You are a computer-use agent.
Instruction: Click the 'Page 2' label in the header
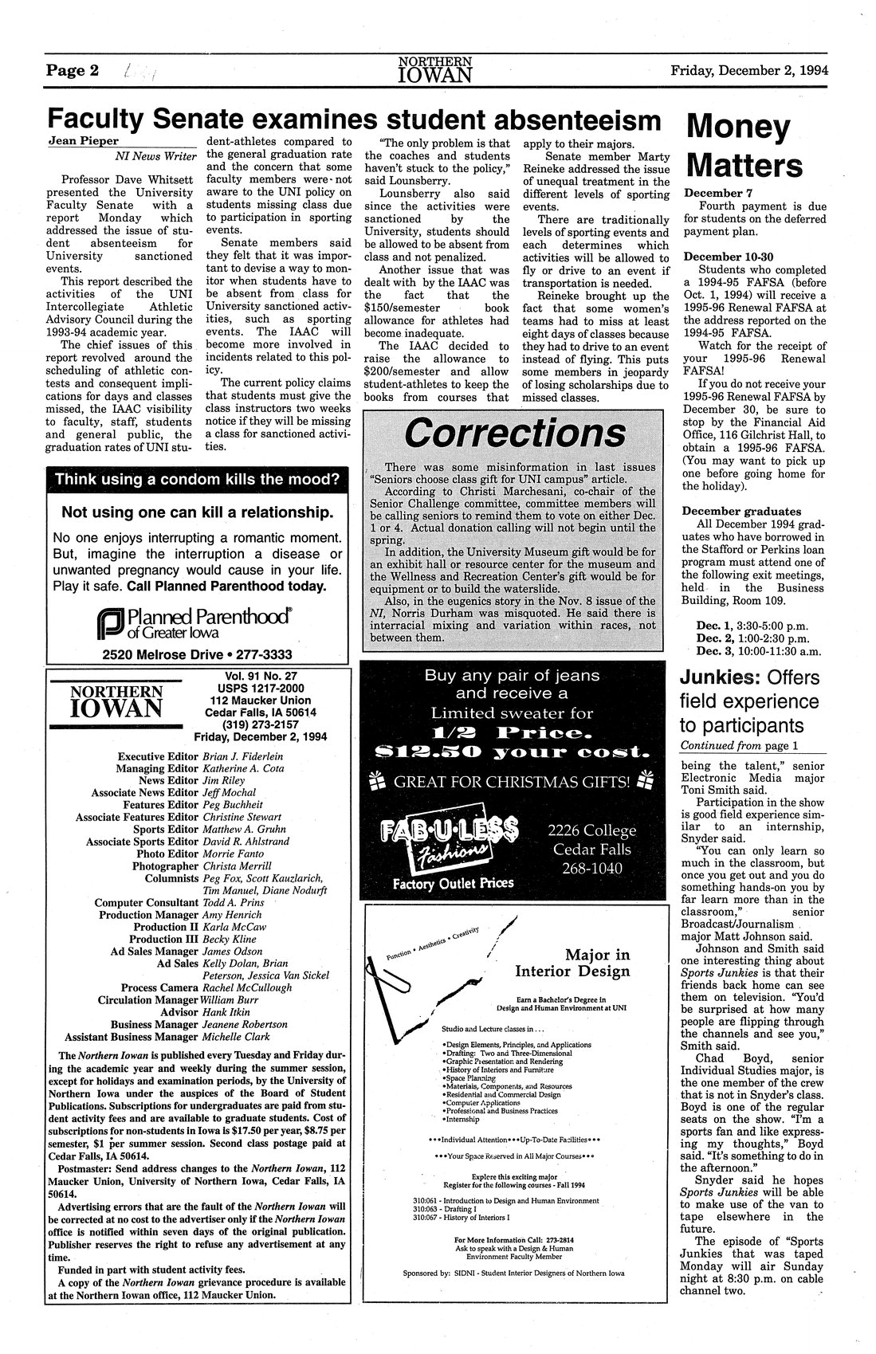pos(72,70)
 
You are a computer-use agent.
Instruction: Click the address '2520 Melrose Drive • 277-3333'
pos(198,655)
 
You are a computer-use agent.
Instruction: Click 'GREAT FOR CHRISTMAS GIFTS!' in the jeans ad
pos(514,780)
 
